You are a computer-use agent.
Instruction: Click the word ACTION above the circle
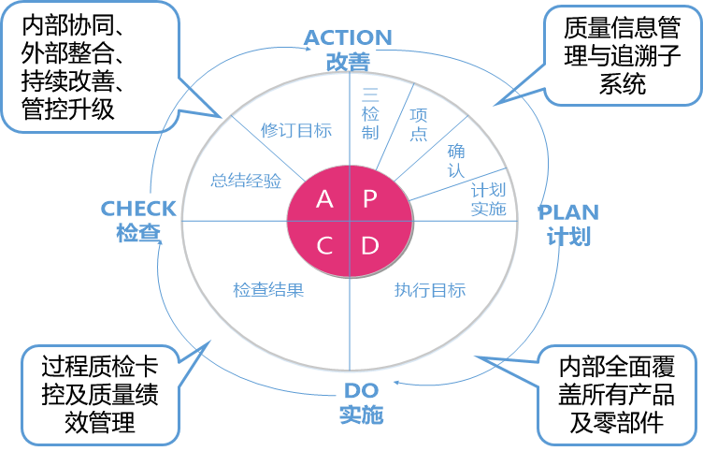coord(348,38)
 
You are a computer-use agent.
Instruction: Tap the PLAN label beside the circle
coord(568,211)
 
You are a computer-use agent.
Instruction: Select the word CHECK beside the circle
coord(138,209)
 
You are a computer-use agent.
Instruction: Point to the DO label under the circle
coord(361,389)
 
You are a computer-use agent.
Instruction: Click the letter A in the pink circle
coord(324,198)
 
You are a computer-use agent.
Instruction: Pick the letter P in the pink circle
coord(370,198)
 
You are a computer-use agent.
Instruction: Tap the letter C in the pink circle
coord(324,246)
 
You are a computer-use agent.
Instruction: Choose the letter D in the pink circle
coord(370,246)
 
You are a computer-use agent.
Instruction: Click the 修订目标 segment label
coord(295,131)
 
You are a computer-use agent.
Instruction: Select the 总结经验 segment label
coord(246,182)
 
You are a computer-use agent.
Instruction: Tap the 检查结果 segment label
coord(268,290)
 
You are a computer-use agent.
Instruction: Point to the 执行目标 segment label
coord(430,290)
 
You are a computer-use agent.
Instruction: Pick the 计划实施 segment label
coord(488,199)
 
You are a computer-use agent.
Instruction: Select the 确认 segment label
coord(457,158)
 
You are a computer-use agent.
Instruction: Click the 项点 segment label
coord(419,124)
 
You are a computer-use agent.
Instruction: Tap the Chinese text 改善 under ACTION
coord(348,61)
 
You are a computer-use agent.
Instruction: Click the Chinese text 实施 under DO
coord(361,414)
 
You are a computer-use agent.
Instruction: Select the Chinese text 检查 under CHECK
coord(138,233)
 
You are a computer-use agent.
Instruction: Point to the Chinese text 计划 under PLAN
coord(568,236)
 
